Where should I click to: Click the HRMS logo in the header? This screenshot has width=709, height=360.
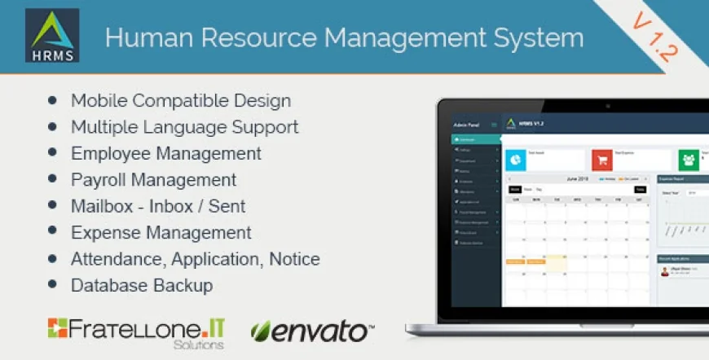pos(52,35)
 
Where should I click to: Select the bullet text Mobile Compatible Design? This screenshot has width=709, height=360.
pos(181,101)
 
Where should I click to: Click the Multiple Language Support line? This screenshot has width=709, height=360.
pos(184,127)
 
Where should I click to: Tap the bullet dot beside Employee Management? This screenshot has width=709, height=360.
pos(53,153)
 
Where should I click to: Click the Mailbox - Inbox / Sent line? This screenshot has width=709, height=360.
pos(158,206)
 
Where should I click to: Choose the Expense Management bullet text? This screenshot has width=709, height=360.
pos(161,233)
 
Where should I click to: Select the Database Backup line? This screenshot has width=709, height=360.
pos(142,286)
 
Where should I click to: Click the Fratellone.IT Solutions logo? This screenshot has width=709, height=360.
pos(136,331)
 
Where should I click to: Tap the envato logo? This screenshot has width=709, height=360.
pos(313,331)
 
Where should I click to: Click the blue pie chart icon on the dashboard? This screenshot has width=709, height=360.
pos(517,160)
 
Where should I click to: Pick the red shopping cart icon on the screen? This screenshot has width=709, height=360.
pos(602,160)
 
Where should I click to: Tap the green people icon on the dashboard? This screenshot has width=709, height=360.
pos(689,160)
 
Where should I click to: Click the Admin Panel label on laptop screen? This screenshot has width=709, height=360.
pos(465,125)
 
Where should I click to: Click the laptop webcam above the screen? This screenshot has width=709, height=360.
pos(607,105)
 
